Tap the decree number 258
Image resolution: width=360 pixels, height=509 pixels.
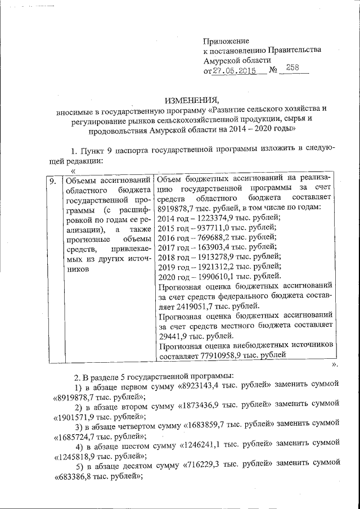click(292, 68)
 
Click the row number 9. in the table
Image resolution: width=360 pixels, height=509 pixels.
click(51, 181)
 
